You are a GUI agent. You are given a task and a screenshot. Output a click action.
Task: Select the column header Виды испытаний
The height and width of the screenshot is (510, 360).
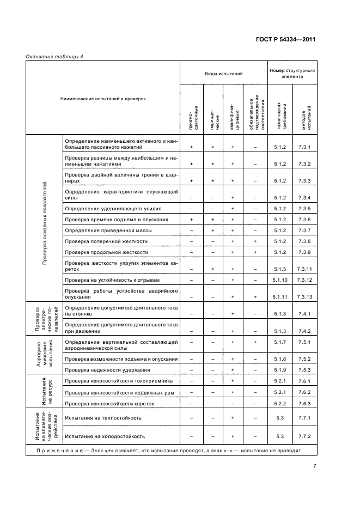223,73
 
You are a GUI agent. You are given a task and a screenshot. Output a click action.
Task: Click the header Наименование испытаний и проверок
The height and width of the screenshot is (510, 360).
103,99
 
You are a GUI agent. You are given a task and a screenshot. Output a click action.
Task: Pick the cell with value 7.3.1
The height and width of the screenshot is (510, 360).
304,147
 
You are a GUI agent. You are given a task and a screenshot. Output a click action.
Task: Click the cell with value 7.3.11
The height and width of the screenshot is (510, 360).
304,269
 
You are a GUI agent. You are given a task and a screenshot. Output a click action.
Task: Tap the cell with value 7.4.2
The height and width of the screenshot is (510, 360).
304,331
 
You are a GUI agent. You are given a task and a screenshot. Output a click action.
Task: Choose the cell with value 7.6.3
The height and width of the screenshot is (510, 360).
304,403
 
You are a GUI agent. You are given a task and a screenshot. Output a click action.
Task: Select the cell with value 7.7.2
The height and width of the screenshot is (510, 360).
304,436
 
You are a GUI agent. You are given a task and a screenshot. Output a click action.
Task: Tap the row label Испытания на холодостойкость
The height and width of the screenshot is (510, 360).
105,436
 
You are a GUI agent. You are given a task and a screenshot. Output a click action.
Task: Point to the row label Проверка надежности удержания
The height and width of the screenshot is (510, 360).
103,370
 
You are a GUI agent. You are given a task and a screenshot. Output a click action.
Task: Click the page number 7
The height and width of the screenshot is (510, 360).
315,466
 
